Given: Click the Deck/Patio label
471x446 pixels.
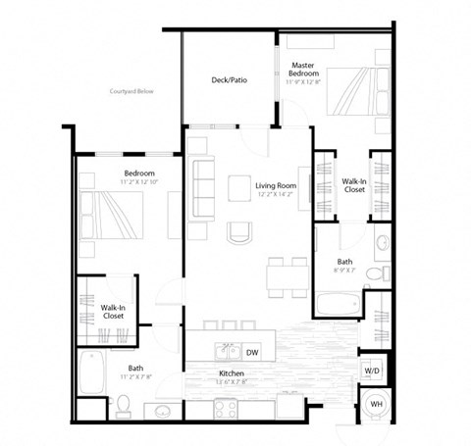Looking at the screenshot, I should [x=228, y=80].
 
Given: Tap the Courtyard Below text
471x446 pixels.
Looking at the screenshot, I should [x=134, y=91].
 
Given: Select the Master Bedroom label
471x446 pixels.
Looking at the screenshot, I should [x=301, y=71].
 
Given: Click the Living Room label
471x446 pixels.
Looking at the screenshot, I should [x=276, y=187].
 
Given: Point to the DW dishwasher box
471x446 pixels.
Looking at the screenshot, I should [x=253, y=352].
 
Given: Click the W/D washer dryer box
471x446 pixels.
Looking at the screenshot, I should [x=373, y=371].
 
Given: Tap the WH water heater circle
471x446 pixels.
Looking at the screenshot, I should [x=376, y=405].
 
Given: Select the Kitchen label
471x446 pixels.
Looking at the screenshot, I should [x=231, y=374].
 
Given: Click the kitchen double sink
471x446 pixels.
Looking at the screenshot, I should [x=226, y=351].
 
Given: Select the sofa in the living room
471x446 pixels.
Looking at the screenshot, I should [x=205, y=179].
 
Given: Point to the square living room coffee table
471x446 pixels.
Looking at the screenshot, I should [x=238, y=185].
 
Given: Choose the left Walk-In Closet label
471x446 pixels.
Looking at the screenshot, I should [x=112, y=313].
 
